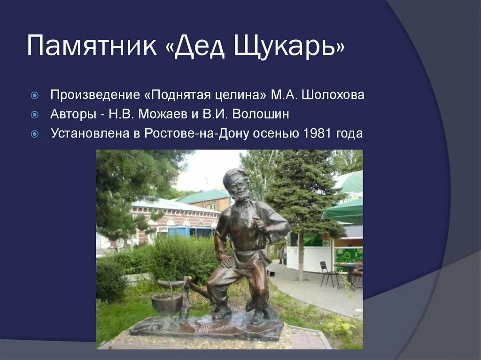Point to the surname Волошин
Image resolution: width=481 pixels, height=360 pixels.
point(262,114)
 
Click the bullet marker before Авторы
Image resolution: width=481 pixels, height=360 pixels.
point(34,115)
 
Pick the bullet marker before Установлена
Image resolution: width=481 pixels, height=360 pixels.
point(34,134)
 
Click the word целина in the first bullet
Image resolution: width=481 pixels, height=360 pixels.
point(244,95)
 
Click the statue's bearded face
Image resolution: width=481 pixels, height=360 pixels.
point(240,190)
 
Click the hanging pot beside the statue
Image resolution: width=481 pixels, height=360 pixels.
point(166,303)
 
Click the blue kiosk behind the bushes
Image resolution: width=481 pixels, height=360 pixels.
point(191,232)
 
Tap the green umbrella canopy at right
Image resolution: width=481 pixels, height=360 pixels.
point(345,211)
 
